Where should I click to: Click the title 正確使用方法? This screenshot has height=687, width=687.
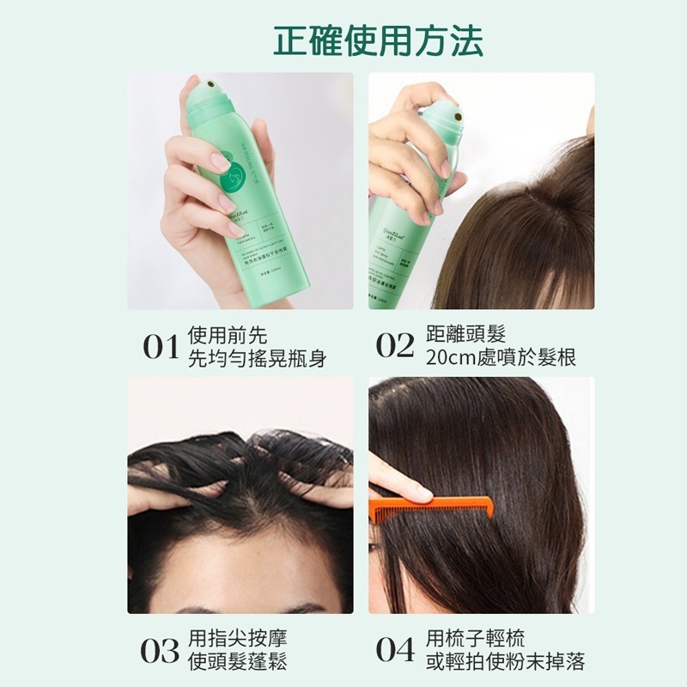[x=378, y=40]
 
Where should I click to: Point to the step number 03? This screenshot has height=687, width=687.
[x=161, y=650]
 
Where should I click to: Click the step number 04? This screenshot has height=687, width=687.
[x=395, y=650]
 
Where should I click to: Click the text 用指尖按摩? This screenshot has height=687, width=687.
[x=237, y=638]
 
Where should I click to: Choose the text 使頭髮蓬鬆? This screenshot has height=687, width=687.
[x=237, y=661]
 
